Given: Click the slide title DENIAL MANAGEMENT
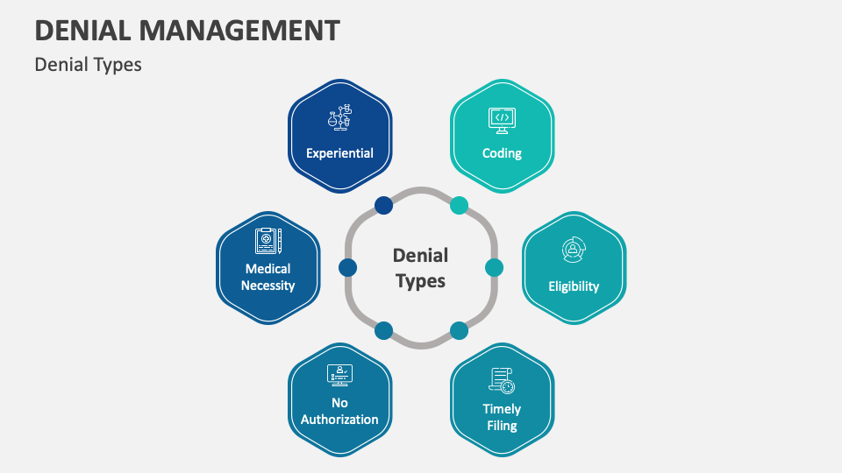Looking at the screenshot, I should pos(187,30).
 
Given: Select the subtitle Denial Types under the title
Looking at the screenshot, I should pos(88,65).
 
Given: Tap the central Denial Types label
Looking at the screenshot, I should pos(421,267).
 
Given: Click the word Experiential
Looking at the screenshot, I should pos(339,153).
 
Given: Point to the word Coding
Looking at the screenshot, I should pos(502,153).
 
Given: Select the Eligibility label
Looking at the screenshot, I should pos(574,286).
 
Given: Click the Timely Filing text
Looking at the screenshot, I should pos(502,417).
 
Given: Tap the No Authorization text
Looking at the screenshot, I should pos(339,411).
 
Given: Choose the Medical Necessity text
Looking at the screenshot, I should pos(268,277).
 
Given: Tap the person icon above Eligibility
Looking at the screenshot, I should pos(574,251).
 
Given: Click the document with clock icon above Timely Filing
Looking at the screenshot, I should pos(502,380).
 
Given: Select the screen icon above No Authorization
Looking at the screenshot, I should pos(339,375).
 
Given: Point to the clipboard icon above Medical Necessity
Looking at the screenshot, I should pos(268,240).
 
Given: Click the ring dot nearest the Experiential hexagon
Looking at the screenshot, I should pos(383,205).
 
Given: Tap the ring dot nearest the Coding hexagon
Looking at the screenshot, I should pos(459,205).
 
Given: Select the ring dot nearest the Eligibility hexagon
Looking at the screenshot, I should pos(494,267).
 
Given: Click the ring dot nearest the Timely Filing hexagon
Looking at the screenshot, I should pos(459,330).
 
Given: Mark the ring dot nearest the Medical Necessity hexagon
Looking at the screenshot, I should pos(347,267).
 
